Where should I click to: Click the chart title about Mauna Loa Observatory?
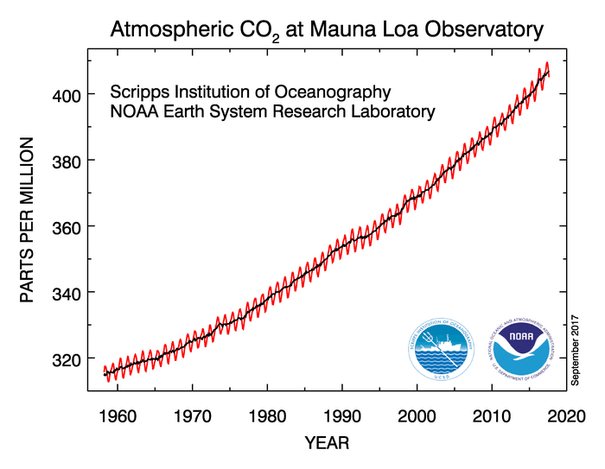tap(327, 29)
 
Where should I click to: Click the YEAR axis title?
tap(327, 444)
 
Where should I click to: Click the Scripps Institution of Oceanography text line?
tap(251, 92)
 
